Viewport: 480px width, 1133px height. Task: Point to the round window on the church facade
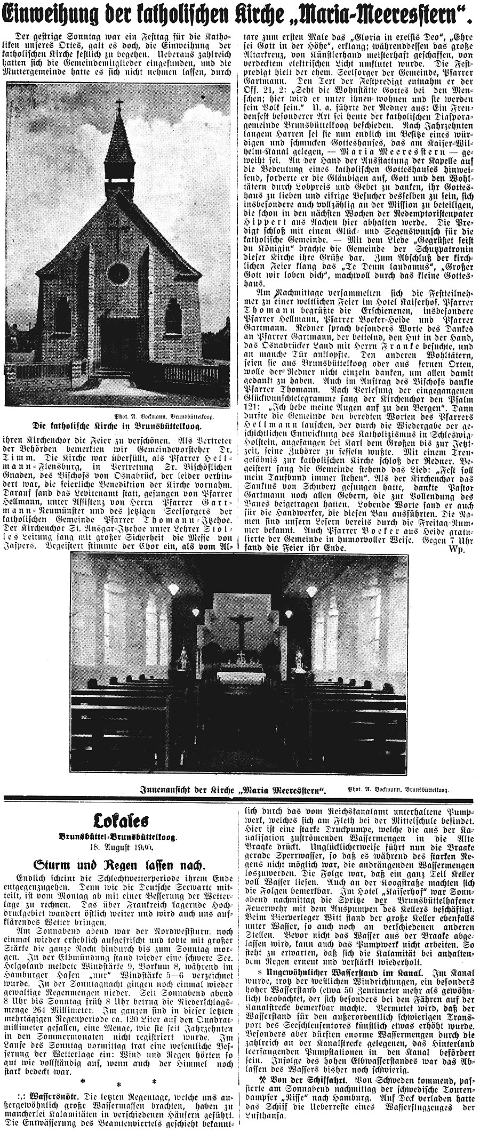pos(118,273)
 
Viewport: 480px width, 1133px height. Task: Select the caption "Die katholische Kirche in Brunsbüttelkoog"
pos(119,411)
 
